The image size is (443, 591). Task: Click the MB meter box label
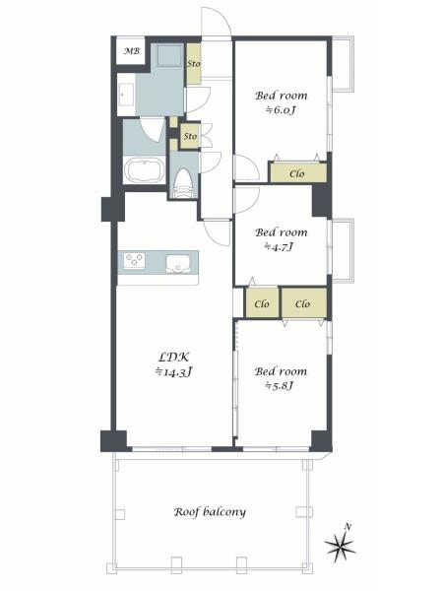[132, 51]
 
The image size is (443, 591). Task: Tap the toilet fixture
[184, 183]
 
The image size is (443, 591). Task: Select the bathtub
[145, 170]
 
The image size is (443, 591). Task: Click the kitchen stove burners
[135, 260]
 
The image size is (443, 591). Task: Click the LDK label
[173, 357]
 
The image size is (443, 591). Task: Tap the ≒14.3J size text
[174, 372]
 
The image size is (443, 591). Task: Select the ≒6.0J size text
[281, 110]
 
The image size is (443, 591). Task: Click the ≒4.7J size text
[279, 247]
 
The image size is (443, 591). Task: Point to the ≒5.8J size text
[280, 386]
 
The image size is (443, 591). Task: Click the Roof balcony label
[210, 512]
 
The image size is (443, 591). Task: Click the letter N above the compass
[348, 527]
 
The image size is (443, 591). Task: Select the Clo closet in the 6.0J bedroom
[298, 173]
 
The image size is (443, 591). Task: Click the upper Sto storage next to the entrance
[194, 64]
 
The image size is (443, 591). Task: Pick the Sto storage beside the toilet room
[190, 136]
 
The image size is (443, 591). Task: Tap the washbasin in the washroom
[126, 95]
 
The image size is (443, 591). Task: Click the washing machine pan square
[170, 55]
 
